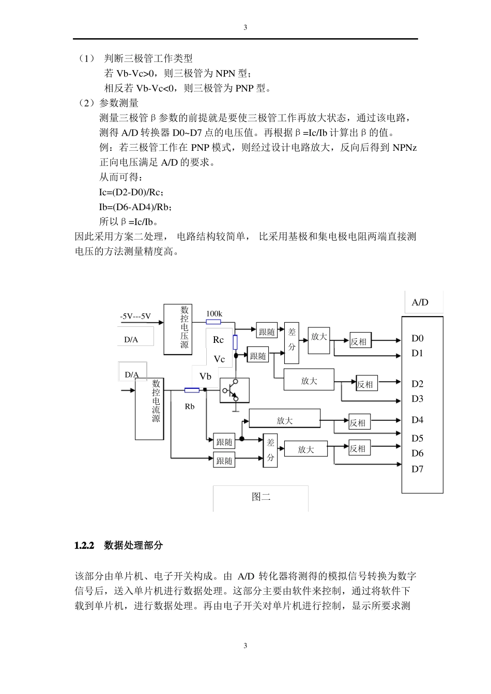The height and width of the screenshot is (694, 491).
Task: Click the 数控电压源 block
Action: point(178,329)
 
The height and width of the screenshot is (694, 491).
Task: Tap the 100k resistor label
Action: point(214,313)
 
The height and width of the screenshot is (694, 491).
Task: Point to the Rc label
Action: point(218,340)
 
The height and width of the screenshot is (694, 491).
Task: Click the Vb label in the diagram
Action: point(205,376)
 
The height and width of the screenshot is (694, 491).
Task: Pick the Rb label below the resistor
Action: point(190,407)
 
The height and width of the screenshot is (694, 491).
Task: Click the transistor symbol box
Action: point(235,390)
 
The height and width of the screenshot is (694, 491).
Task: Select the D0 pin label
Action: point(417,339)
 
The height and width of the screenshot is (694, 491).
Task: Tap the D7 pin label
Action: point(417,469)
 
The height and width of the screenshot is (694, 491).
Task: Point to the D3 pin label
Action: point(417,399)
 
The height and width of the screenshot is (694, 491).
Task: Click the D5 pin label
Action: point(417,438)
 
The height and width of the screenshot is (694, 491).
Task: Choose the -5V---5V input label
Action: point(135,316)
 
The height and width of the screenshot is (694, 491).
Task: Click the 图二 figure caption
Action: point(261,497)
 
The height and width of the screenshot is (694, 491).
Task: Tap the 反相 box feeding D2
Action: point(365,384)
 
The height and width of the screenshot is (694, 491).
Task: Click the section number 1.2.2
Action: point(84,545)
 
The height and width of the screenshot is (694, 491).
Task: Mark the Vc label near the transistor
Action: point(220,359)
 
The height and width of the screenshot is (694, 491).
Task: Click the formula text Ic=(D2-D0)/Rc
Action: point(131,193)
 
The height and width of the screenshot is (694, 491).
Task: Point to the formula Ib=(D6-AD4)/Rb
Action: point(135,207)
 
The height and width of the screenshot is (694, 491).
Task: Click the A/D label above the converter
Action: point(420,303)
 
